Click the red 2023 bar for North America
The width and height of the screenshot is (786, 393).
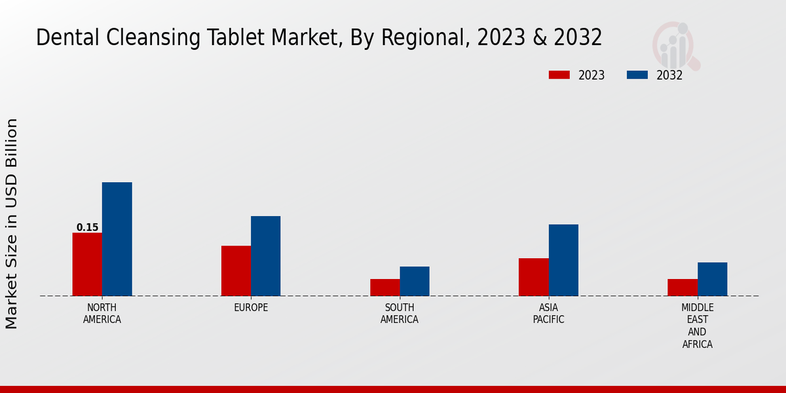87,264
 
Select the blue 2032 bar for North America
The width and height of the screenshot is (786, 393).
117,239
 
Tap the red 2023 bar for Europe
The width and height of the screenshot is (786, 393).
236,271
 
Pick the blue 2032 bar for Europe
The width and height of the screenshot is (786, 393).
265,256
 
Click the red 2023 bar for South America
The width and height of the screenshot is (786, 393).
384,288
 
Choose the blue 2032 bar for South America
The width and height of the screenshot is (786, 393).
415,281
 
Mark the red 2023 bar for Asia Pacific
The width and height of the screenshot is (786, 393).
533,277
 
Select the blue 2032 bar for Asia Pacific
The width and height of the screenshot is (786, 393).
563,260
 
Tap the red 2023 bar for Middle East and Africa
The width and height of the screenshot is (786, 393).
683,288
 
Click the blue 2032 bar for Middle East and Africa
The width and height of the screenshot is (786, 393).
712,279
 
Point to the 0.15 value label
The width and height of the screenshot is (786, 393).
87,228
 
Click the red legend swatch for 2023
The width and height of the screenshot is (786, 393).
559,75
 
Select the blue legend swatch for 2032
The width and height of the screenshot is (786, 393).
637,75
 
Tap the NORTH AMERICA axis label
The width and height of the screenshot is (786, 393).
102,314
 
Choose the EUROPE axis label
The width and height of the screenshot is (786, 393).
251,308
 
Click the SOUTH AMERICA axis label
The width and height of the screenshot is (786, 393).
400,314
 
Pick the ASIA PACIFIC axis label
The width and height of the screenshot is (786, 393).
548,314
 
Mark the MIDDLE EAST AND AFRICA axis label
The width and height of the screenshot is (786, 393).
698,326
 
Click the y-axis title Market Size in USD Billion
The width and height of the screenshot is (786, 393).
12,223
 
